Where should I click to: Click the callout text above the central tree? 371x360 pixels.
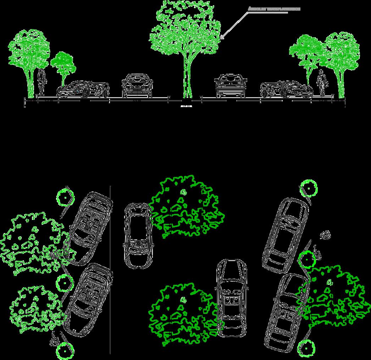click(x=274, y=8)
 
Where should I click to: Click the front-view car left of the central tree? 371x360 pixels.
click(x=137, y=86)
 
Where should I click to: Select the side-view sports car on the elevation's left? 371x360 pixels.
click(x=83, y=89)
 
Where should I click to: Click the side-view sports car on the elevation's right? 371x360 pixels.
click(x=287, y=89)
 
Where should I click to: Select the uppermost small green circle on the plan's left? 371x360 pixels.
click(x=66, y=197)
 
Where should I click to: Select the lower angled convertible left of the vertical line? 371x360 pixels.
click(x=89, y=300)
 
